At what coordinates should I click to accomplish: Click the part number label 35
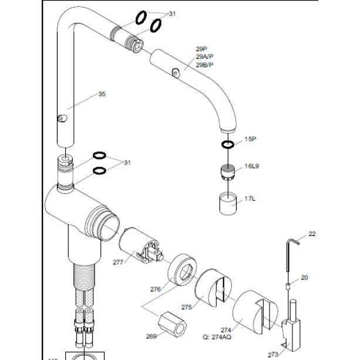pyautogui.click(x=102, y=94)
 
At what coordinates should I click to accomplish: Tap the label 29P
pyautogui.click(x=201, y=49)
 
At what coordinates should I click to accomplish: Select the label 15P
pyautogui.click(x=251, y=139)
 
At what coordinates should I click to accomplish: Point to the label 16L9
pyautogui.click(x=252, y=167)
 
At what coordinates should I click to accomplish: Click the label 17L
pyautogui.click(x=250, y=199)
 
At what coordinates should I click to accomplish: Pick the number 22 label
pyautogui.click(x=312, y=234)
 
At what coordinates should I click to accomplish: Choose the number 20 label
pyautogui.click(x=304, y=278)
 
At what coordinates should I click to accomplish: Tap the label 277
pyautogui.click(x=118, y=262)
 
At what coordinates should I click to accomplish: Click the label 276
pyautogui.click(x=156, y=288)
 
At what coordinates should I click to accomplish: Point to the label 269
pyautogui.click(x=151, y=337)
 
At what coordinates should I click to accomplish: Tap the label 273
pyautogui.click(x=273, y=354)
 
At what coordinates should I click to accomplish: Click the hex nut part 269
pyautogui.click(x=174, y=323)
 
